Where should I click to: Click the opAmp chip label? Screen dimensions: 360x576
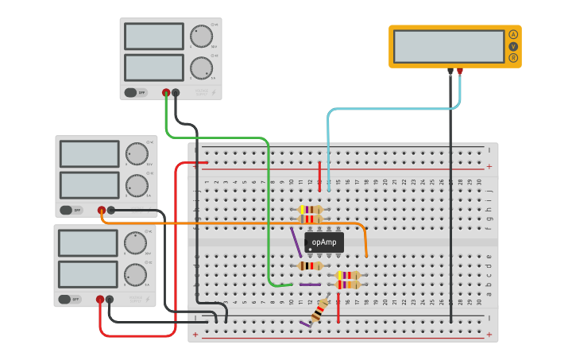click(324, 242)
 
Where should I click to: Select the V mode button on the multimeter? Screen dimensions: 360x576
click(513, 46)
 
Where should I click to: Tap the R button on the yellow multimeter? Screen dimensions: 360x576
click(513, 57)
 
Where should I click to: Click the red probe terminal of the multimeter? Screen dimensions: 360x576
click(459, 71)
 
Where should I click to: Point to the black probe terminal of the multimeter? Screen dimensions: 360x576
click(450, 71)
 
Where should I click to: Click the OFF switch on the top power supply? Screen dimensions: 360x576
click(136, 92)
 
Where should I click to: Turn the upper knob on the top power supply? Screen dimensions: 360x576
click(201, 37)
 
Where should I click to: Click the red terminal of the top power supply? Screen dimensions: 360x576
click(166, 92)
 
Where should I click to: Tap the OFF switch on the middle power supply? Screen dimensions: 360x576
click(71, 211)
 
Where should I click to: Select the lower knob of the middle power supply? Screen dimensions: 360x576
click(137, 185)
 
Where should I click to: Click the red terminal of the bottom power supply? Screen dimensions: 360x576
click(100, 300)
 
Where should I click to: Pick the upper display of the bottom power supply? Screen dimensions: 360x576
click(88, 243)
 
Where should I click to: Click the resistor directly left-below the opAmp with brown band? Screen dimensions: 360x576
click(310, 265)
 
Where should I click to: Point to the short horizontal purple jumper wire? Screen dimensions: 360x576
click(310, 285)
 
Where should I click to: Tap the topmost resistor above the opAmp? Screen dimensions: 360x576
click(311, 210)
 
